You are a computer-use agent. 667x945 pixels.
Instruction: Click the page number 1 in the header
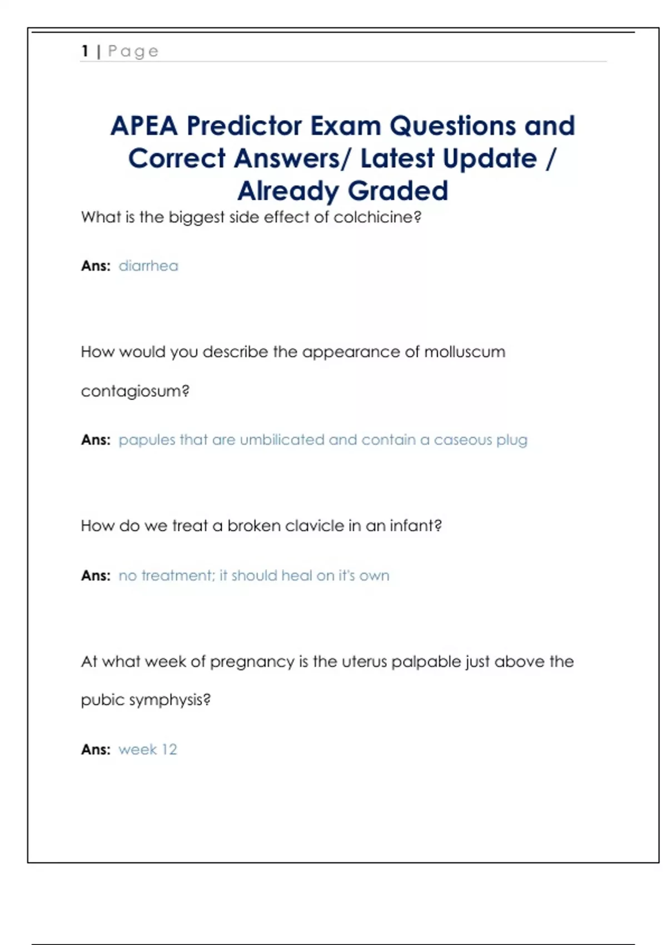[85, 51]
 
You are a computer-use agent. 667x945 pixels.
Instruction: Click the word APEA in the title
[143, 126]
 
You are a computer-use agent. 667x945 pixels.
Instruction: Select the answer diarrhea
[148, 266]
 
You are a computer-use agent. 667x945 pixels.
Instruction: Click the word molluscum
[465, 352]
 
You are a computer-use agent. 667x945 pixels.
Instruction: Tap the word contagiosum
[135, 391]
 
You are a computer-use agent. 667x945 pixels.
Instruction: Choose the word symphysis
[170, 700]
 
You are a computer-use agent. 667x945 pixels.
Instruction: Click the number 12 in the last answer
[169, 749]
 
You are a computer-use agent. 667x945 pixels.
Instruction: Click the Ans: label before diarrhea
[96, 266]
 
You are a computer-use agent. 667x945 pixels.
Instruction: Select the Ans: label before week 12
[96, 749]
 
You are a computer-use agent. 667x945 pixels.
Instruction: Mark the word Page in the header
[133, 51]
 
